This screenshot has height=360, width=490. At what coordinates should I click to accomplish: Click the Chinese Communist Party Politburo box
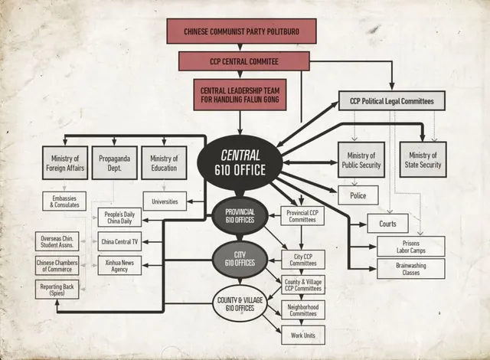(241, 31)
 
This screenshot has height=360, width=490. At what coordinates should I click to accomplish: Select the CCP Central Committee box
(243, 61)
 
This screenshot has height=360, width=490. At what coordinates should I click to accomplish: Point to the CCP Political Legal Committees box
(391, 101)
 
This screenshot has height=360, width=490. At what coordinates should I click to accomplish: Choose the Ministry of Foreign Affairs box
(65, 162)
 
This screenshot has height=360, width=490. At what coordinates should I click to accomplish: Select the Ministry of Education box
(164, 162)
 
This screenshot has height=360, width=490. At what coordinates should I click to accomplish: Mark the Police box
(358, 196)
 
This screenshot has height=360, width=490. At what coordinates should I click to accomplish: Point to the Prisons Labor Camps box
(410, 246)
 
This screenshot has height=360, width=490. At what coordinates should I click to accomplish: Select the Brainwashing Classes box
(410, 269)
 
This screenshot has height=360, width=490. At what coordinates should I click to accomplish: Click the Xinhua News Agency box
(119, 266)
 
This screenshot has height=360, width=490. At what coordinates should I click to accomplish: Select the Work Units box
(302, 335)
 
